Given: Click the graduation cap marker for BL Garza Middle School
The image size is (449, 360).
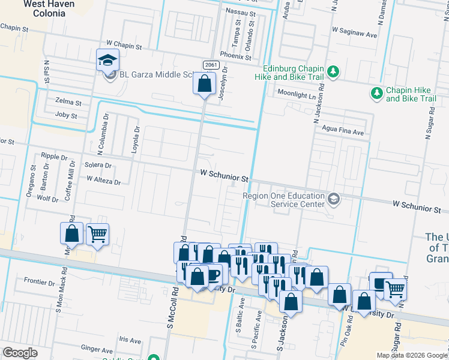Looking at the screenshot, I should tap(108, 60).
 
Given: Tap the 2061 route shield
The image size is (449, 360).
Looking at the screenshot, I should tap(210, 65).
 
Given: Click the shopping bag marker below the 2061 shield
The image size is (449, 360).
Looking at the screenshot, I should tap(204, 84).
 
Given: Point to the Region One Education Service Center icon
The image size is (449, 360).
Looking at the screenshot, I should tap(334, 197).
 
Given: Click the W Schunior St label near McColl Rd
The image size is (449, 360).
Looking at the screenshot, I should tap(224, 178).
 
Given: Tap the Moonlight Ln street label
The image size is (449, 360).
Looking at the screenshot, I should tap(296, 94).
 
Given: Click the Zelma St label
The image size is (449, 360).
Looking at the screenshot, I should tap(67, 102).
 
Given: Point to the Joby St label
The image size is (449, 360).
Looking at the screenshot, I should tap(66, 115).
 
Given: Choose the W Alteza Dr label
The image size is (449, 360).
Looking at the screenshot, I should tap(103, 179).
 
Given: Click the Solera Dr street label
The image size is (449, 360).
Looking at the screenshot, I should tap(98, 165).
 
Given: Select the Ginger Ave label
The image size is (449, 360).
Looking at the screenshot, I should tap(97, 349).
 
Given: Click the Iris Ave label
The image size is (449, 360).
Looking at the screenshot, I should tap(130, 340).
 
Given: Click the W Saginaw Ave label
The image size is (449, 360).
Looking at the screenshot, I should tap(354, 35).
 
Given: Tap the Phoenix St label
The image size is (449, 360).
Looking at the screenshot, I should tap(235, 56).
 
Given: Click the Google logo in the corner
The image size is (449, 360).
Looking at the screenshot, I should tap(20, 353).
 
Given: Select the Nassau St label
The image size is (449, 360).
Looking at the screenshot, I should tap(240, 11).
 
